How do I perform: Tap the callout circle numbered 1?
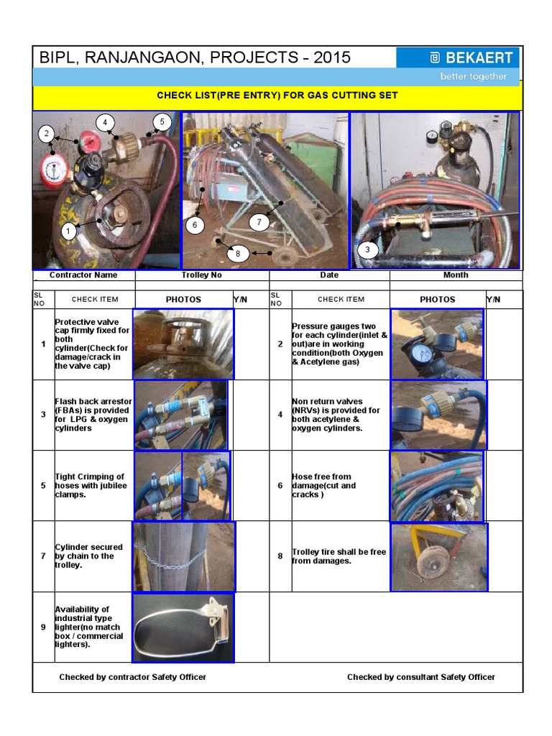pyautogui.click(x=68, y=231)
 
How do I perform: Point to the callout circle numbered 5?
pyautogui.click(x=162, y=122)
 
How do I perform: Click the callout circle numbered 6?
pyautogui.click(x=193, y=225)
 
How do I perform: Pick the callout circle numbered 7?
pyautogui.click(x=259, y=222)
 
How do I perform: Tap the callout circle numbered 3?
pyautogui.click(x=368, y=250)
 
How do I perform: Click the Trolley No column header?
pyautogui.click(x=202, y=275)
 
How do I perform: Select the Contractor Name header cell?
pyautogui.click(x=83, y=275)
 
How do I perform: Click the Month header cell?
pyautogui.click(x=456, y=275)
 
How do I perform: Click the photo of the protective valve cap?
pyautogui.click(x=183, y=344)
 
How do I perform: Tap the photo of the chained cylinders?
pyautogui.click(x=183, y=556)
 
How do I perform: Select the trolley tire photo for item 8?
pyautogui.click(x=438, y=556)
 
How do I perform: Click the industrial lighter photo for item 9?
pyautogui.click(x=183, y=627)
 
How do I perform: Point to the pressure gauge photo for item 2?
pyautogui.click(x=437, y=344)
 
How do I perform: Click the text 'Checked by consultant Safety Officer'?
pyautogui.click(x=420, y=677)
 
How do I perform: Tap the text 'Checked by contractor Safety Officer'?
pyautogui.click(x=132, y=677)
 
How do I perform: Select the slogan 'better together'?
pyautogui.click(x=473, y=76)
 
